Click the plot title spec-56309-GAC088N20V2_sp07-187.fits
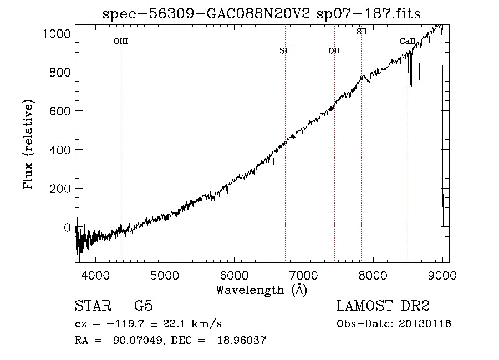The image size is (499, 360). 261,14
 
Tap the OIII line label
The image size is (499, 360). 121,41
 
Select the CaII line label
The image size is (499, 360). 408,41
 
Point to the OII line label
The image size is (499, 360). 334,50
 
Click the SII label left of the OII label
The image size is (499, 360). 285,50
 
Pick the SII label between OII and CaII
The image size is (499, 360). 361,32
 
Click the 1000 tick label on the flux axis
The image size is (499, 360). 57,33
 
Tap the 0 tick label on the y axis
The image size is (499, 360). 67,227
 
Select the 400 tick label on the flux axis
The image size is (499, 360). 60,150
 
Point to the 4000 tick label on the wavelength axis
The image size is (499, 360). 95,275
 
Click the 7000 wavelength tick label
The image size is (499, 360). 304,275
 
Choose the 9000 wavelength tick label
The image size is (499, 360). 442,275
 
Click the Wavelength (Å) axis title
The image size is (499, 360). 262,290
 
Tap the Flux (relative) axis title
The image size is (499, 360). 28,144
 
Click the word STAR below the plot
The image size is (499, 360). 93,306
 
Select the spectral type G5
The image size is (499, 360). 144,306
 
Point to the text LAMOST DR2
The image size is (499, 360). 383,306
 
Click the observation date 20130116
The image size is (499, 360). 425,324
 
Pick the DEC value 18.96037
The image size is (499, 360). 242,340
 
